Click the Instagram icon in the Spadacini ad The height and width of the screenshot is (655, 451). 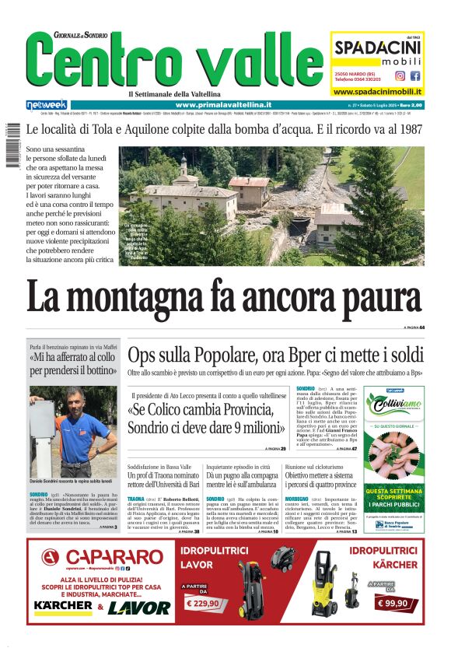point(400,76)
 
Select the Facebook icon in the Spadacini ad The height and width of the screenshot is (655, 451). point(414,76)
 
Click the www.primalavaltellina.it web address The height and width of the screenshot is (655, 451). point(223,104)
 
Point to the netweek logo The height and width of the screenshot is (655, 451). point(47,104)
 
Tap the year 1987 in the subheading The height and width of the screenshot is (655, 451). point(408,129)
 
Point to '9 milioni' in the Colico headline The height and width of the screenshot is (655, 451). point(247,427)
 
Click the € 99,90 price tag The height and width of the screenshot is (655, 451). point(391,602)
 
